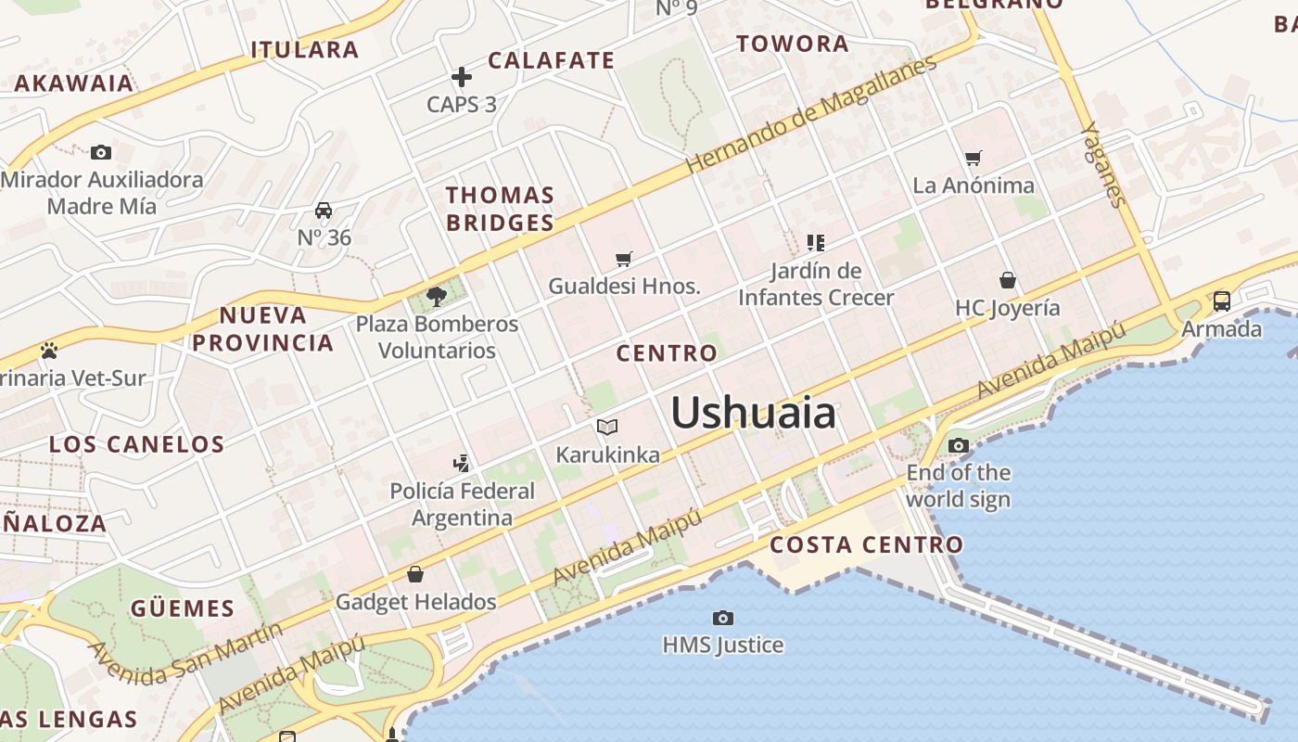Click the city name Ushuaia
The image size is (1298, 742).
pos(753,413)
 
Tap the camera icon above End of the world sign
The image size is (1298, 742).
pos(959,446)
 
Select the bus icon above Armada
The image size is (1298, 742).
pos(1222,301)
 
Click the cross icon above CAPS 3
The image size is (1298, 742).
pos(462,77)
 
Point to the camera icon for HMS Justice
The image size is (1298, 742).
pos(723,618)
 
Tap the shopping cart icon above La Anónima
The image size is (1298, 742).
pos(973,159)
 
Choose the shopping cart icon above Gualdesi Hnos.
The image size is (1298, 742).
pos(624,259)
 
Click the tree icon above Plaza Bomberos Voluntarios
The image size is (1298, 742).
pos(437,297)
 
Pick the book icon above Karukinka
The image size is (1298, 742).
pos(607,427)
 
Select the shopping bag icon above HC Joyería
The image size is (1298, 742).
pos(1008,280)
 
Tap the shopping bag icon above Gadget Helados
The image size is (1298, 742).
pos(415,574)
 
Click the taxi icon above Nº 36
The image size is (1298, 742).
pos(324,211)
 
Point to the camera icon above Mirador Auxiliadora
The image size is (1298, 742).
pos(101,152)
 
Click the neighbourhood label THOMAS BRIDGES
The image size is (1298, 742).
pos(500,209)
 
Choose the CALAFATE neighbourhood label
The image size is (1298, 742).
pos(551,61)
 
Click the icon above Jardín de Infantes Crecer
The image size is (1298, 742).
pos(816,243)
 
